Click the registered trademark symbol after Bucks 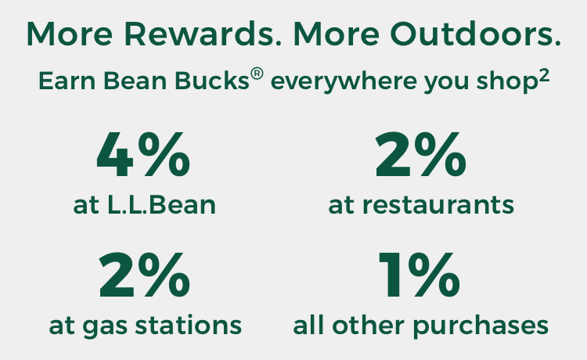pos(257,74)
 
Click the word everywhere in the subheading pos(344,81)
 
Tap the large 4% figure pos(143,154)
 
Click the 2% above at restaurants pos(421,154)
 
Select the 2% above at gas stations pos(145,274)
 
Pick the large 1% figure pos(420,274)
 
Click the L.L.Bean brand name pos(162,205)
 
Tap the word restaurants pos(438,206)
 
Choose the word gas pos(105,327)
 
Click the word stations pos(189,325)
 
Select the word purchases pos(481,326)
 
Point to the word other pos(369,325)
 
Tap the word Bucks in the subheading pos(212,81)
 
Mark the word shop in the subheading pos(507,82)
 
